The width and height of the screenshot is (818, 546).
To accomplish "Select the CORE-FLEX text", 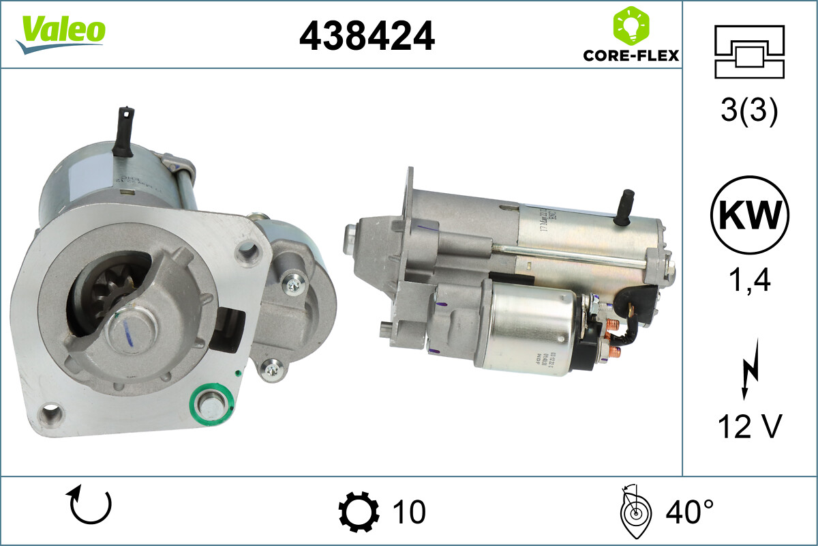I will [x=631, y=55].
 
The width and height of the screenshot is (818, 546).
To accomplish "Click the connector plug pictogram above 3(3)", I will [x=748, y=51].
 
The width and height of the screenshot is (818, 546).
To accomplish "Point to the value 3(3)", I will [x=748, y=113].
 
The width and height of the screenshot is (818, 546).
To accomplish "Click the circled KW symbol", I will [x=749, y=216].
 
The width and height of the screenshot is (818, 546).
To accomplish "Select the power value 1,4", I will [x=748, y=281].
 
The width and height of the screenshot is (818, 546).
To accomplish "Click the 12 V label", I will [x=748, y=428].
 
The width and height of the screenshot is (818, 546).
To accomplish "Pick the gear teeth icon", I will [x=359, y=511].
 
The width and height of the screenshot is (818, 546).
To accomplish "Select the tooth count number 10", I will [x=409, y=511].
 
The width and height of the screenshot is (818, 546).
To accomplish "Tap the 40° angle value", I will [x=689, y=511].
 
